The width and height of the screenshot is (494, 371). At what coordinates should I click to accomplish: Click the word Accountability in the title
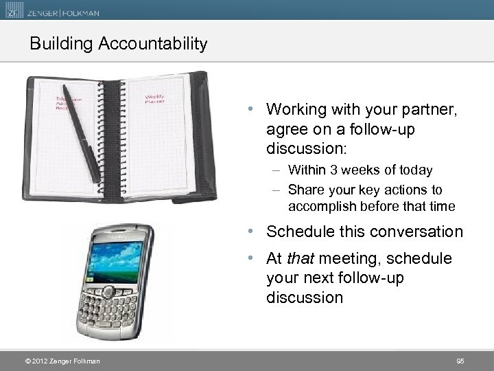pyautogui.click(x=153, y=44)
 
